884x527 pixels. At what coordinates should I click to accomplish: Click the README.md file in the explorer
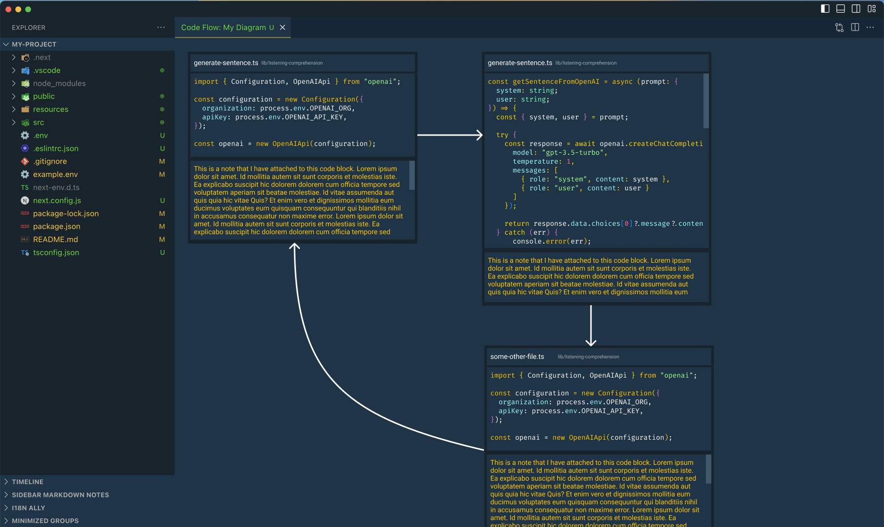[x=55, y=240]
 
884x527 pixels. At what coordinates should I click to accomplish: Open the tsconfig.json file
[x=56, y=252]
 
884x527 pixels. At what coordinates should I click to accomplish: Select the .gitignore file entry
[x=50, y=161]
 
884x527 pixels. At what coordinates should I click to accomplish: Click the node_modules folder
[x=59, y=83]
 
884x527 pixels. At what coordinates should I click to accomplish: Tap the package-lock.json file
[x=66, y=213]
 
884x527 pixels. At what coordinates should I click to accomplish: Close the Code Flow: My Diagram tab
[x=283, y=28]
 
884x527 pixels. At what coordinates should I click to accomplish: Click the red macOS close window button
[x=8, y=9]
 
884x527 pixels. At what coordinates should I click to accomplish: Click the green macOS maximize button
[x=28, y=9]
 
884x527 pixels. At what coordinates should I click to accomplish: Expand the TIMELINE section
[x=28, y=482]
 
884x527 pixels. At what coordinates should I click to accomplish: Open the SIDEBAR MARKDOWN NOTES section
[x=60, y=495]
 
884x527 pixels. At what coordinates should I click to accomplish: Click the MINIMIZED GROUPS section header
[x=45, y=521]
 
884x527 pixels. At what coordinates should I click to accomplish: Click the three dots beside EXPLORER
[x=161, y=28]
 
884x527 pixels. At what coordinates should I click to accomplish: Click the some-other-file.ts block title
[x=517, y=356]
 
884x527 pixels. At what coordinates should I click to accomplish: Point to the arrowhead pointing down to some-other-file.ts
[x=591, y=342]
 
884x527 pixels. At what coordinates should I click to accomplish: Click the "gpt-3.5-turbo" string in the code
[x=574, y=153]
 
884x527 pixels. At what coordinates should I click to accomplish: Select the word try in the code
[x=502, y=135]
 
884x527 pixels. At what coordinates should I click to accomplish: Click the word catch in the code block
[x=515, y=233]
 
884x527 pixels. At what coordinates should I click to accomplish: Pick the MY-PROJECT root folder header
[x=34, y=44]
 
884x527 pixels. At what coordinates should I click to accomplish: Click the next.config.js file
[x=57, y=201]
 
